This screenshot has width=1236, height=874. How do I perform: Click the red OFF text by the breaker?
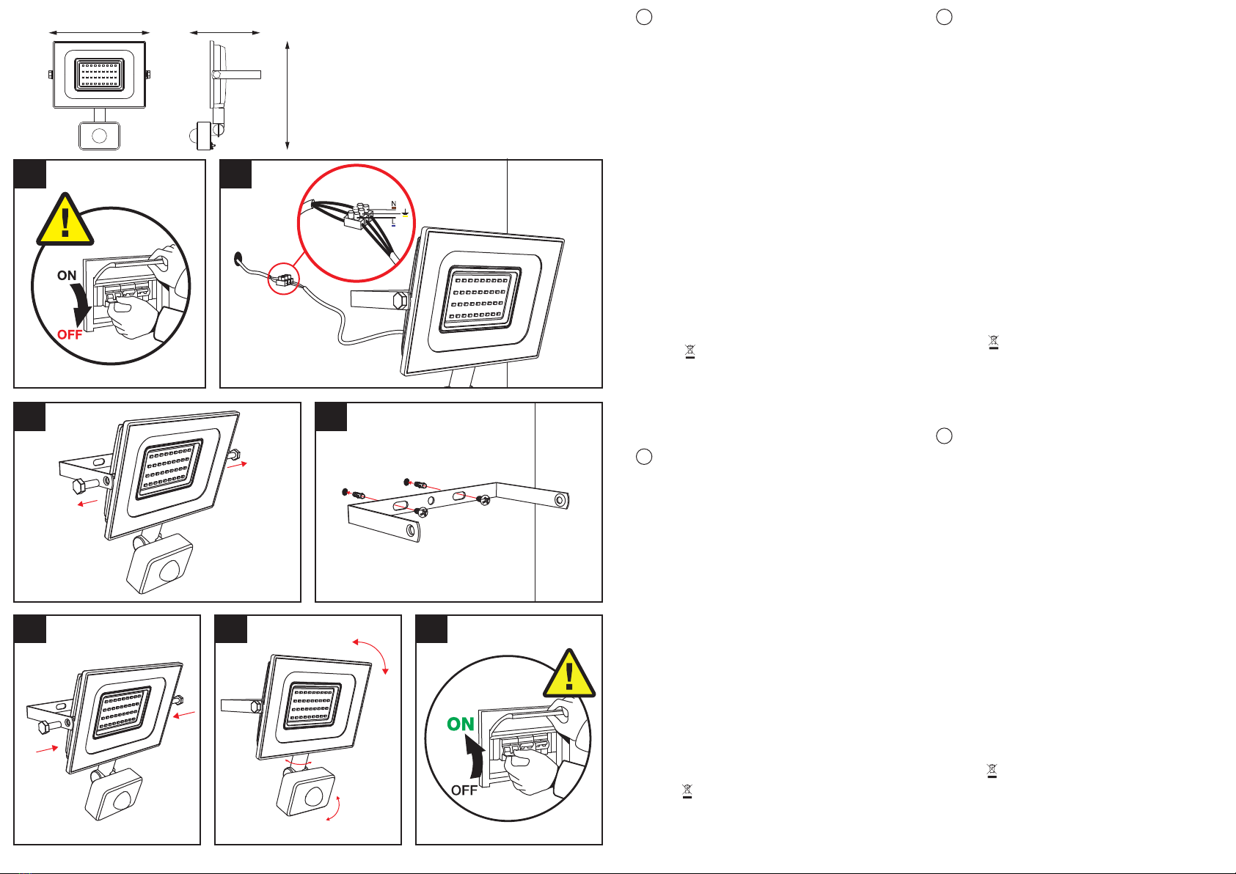point(70,334)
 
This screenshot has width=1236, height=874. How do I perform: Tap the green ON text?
point(461,724)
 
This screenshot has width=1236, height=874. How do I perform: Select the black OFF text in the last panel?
point(464,790)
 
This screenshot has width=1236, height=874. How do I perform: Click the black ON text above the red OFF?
point(67,276)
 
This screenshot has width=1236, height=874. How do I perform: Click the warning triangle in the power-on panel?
point(569,675)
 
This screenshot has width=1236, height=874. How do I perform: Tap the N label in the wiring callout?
point(394,205)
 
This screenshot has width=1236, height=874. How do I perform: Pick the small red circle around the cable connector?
point(284,278)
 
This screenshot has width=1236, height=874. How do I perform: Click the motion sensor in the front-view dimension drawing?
point(99,136)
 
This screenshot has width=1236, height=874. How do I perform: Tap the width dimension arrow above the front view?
point(100,33)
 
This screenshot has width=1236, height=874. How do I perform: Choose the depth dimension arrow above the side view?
point(225,33)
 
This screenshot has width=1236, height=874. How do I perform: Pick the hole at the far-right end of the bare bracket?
point(560,500)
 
